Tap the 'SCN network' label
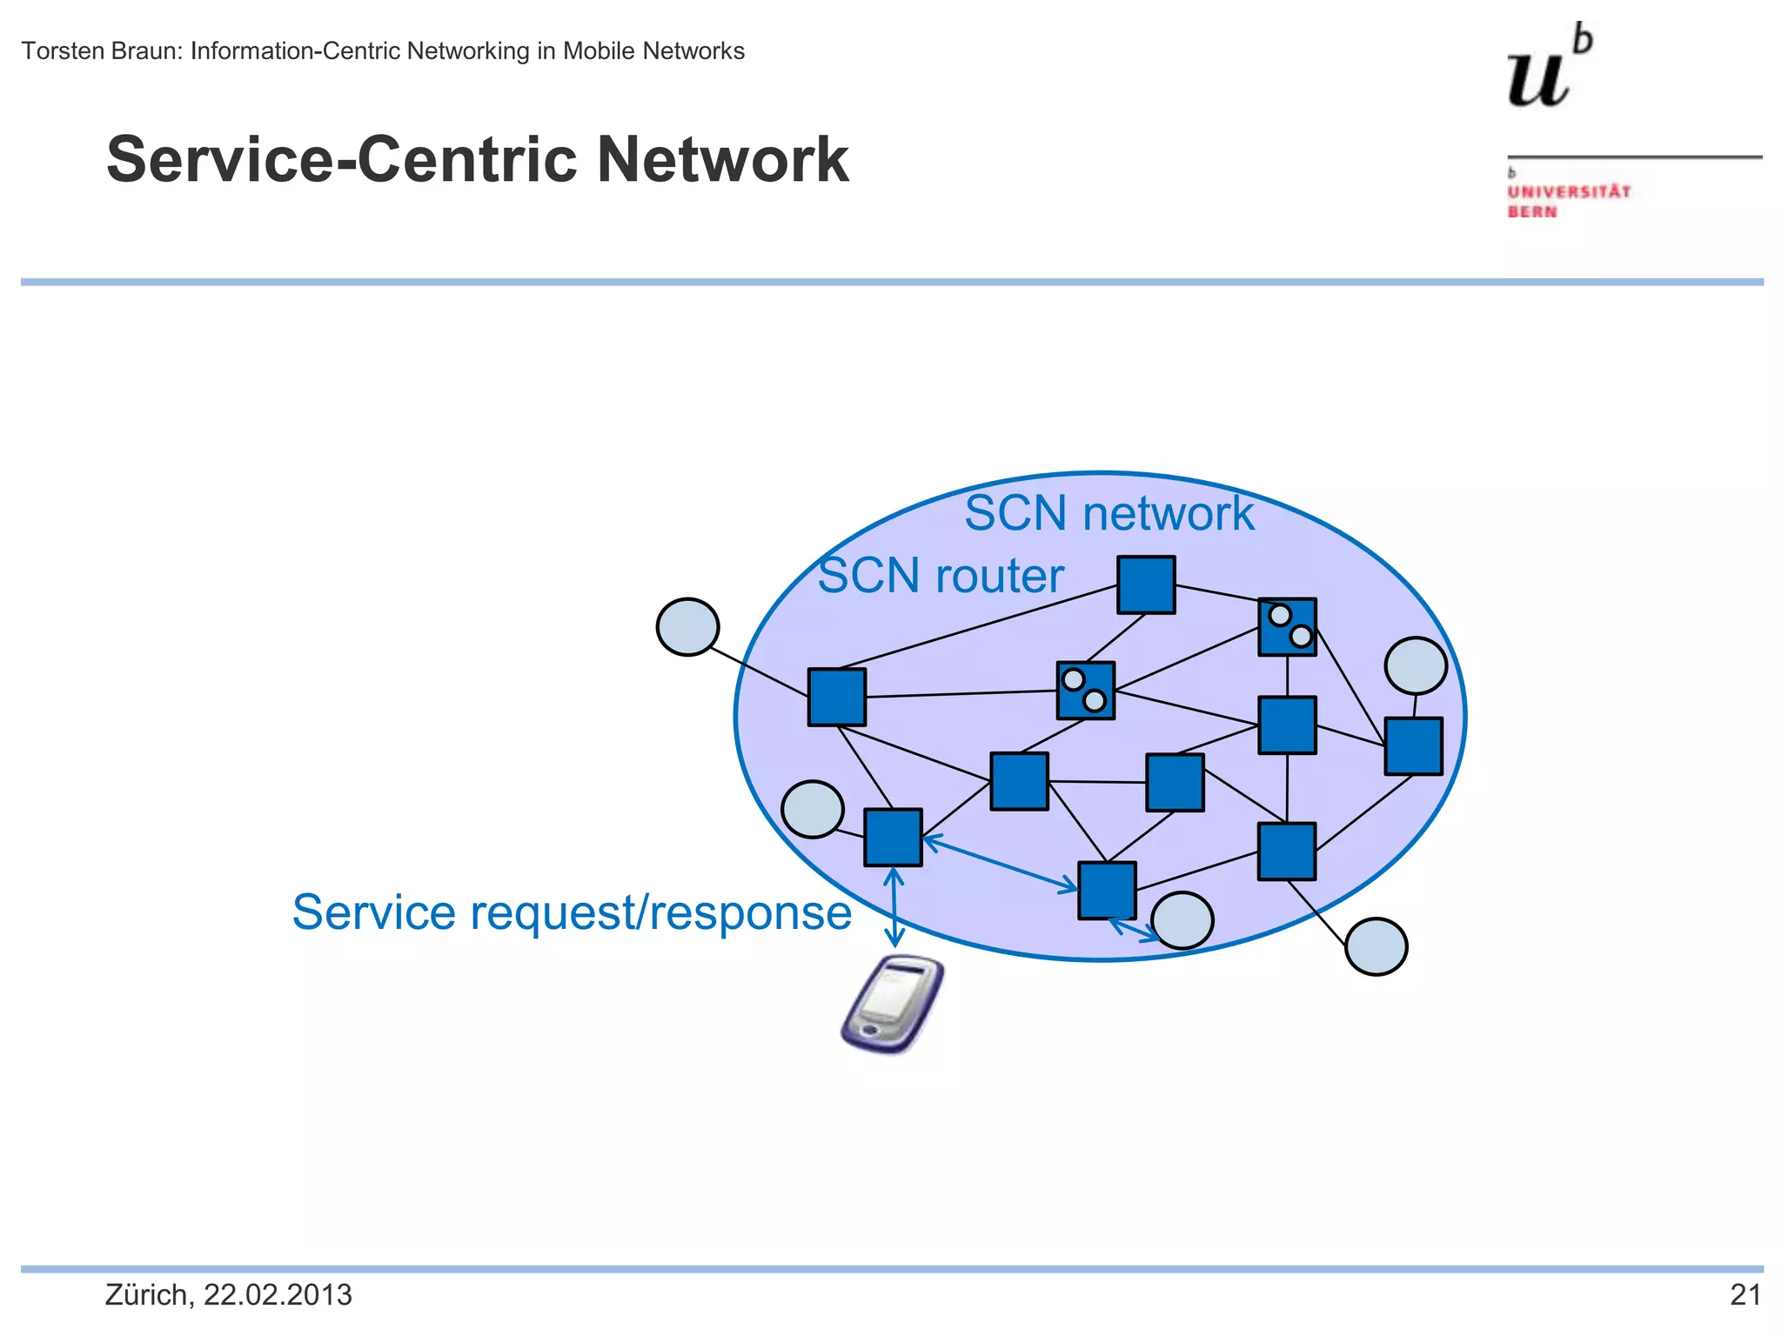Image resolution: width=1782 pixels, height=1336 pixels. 1109,513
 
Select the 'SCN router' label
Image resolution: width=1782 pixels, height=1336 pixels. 941,576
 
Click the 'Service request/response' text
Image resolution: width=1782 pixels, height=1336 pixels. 572,912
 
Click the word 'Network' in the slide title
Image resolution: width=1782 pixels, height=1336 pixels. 722,160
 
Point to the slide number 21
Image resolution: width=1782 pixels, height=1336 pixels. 1745,1295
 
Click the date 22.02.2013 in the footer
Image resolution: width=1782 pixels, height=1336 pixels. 278,1295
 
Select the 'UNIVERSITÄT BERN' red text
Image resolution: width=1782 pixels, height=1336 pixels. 1568,201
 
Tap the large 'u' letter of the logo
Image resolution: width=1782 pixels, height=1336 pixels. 1538,80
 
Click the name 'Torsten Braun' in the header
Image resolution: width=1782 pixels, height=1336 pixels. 100,51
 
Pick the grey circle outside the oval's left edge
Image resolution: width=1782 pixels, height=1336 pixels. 687,626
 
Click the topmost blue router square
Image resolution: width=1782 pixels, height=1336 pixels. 1146,584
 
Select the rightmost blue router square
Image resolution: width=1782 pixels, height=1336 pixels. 1413,745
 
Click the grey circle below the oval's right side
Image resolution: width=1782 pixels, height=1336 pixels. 1376,946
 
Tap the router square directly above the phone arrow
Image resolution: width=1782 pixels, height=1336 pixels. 893,837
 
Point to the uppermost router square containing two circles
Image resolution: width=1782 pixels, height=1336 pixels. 1287,626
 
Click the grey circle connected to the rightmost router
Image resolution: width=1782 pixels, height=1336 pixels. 1416,665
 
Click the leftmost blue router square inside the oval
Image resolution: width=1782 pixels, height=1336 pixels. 836,697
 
